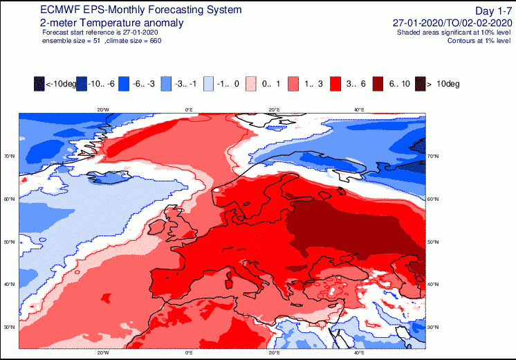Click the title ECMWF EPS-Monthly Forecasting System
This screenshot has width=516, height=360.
131,10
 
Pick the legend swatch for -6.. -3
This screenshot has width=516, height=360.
126,83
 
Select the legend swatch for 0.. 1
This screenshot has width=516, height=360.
252,83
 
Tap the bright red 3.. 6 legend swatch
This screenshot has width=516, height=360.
337,83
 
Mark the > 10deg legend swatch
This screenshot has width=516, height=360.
419,83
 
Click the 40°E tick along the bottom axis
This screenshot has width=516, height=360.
360,353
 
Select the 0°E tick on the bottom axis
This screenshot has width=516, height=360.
188,353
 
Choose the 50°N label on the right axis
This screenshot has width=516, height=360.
433,242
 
